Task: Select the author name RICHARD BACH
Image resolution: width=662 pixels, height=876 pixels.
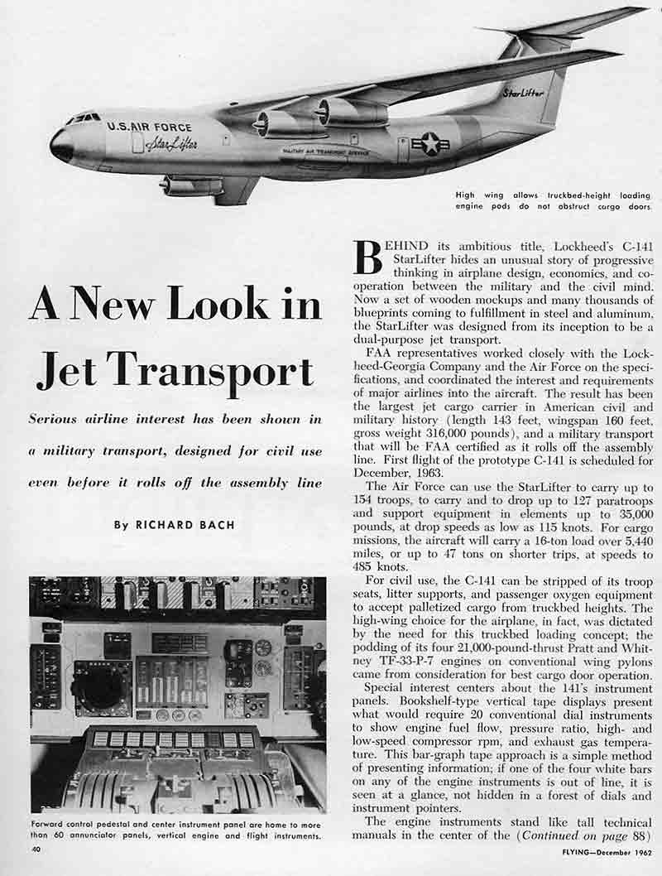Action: (175, 525)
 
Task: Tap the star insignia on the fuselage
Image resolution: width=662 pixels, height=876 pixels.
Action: (430, 145)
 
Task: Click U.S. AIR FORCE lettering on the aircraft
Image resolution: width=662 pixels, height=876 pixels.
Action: (149, 128)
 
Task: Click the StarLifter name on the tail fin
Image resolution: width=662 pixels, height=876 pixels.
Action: (523, 93)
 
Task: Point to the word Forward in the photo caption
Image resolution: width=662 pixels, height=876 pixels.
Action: (52, 825)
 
